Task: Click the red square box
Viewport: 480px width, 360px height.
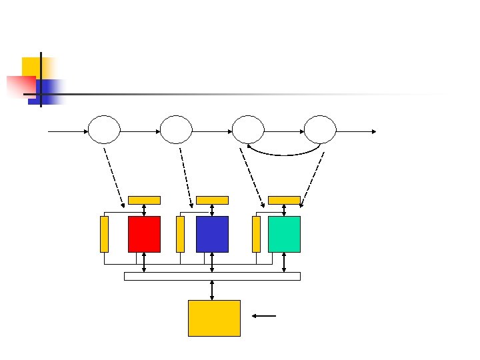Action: click(144, 234)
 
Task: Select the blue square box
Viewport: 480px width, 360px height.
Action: click(212, 234)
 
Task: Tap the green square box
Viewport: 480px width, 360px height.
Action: click(284, 234)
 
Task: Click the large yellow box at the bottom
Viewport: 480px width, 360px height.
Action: click(214, 318)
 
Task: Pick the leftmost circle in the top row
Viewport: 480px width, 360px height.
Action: click(104, 129)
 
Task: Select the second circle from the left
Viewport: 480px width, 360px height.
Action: click(176, 129)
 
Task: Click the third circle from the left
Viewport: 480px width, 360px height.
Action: click(248, 129)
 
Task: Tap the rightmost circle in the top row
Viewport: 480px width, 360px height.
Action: click(320, 129)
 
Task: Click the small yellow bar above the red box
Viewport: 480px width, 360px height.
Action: click(144, 200)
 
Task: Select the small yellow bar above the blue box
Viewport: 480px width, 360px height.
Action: click(212, 200)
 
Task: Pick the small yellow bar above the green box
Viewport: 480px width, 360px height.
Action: click(284, 200)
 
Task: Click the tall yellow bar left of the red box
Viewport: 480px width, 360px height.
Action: click(104, 234)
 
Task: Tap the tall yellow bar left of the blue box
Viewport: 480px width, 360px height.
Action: click(180, 234)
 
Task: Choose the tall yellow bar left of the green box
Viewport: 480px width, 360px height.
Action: click(256, 234)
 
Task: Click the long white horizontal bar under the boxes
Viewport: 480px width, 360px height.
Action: click(212, 276)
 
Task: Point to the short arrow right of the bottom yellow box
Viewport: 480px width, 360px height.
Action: click(265, 315)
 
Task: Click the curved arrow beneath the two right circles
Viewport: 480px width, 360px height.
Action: click(285, 153)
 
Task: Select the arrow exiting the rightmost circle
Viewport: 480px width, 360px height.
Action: click(357, 131)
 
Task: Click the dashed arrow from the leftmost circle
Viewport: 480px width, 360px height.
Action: click(114, 177)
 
